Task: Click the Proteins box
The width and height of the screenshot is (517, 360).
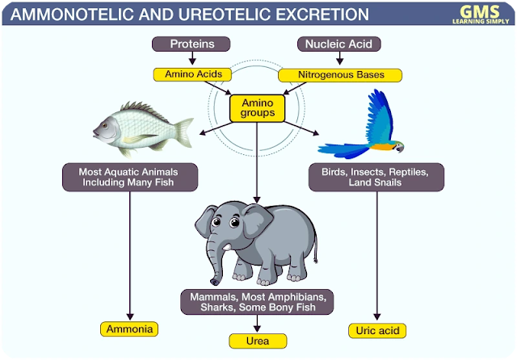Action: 191,44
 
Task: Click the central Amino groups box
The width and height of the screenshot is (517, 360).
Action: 258,108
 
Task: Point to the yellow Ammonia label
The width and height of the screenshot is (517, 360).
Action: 128,329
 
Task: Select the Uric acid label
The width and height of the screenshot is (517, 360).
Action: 376,329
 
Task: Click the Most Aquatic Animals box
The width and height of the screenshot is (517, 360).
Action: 129,178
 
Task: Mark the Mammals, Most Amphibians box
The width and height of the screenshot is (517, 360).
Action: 257,302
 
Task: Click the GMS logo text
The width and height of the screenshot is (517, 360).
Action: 475,10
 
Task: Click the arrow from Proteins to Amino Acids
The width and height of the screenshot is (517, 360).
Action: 191,59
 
